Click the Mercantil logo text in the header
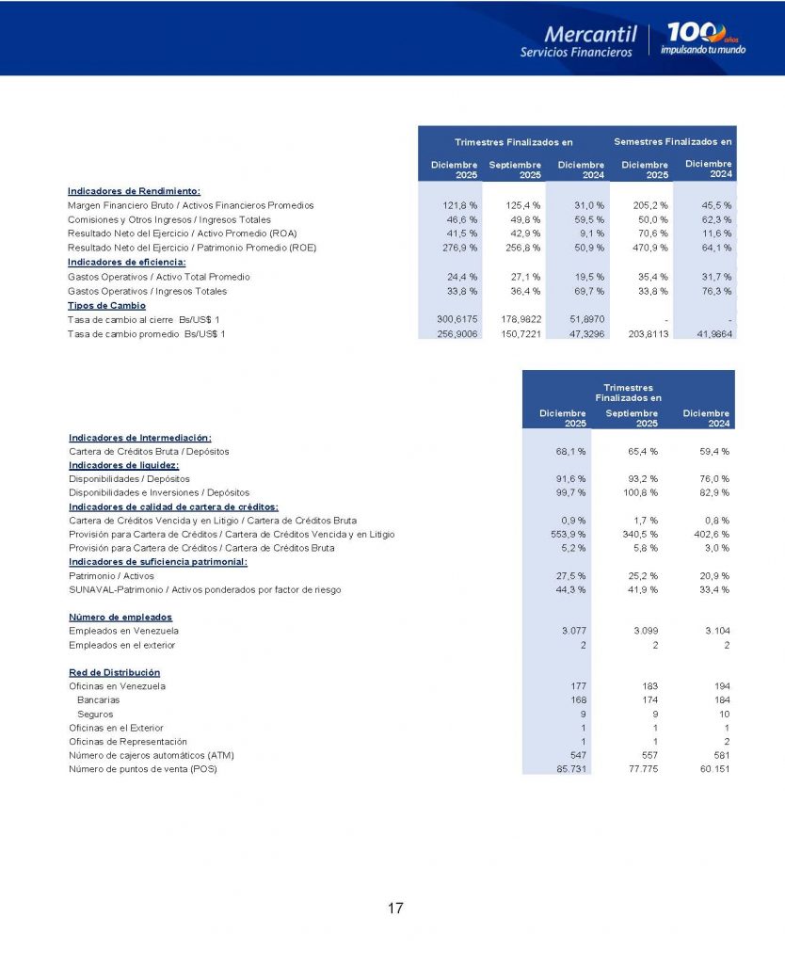pyautogui.click(x=590, y=34)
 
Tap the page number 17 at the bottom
pyautogui.click(x=395, y=908)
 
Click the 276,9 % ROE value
pyautogui.click(x=460, y=248)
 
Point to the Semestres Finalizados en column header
pyautogui.click(x=672, y=142)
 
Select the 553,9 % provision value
pyautogui.click(x=569, y=535)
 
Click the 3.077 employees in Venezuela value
pyautogui.click(x=573, y=631)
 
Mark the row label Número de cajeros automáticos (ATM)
pyautogui.click(x=151, y=756)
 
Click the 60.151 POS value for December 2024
pyautogui.click(x=713, y=770)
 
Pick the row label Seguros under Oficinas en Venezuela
pyautogui.click(x=95, y=715)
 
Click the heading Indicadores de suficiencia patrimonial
pyautogui.click(x=158, y=562)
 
